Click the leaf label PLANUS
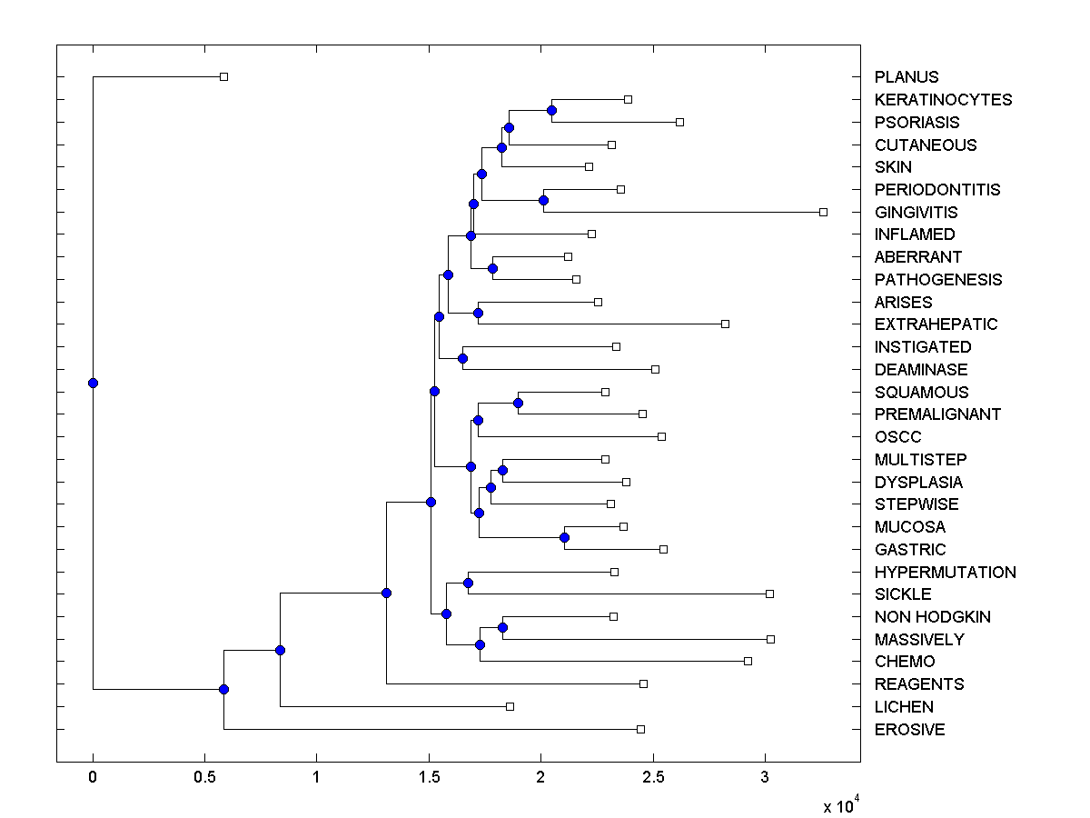[906, 77]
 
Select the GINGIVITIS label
[916, 212]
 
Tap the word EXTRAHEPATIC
[936, 324]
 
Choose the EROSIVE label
[909, 730]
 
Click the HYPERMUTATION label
[945, 573]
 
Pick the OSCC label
[897, 437]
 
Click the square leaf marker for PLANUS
[223, 77]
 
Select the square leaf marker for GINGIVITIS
[823, 212]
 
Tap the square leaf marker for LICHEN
[510, 706]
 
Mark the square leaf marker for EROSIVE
[640, 729]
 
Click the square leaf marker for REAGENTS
[643, 683]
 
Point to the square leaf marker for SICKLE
[769, 594]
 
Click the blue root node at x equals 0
[93, 383]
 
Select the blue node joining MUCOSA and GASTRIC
[564, 537]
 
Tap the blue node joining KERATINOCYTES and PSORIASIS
[551, 110]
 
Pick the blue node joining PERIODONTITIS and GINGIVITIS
[543, 200]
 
